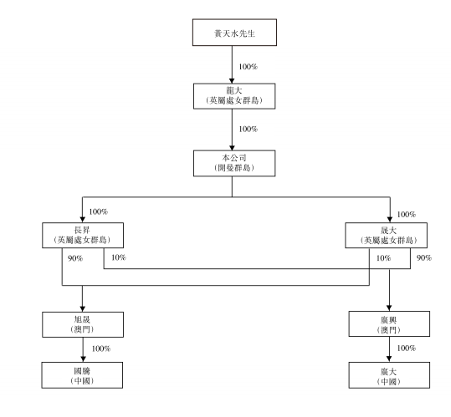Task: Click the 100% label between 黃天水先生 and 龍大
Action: pos(248,67)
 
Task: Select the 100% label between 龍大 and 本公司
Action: pos(248,129)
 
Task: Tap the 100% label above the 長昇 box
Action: pos(99,211)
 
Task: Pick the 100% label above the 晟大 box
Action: pos(407,214)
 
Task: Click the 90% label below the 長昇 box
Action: pos(75,258)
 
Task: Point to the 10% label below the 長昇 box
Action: pos(119,257)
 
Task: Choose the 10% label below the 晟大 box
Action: pos(384,258)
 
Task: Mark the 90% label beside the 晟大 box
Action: pos(424,258)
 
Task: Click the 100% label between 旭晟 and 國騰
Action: pos(101,348)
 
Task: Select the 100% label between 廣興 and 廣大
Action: pos(407,348)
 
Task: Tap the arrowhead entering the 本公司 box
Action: pos(232,148)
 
